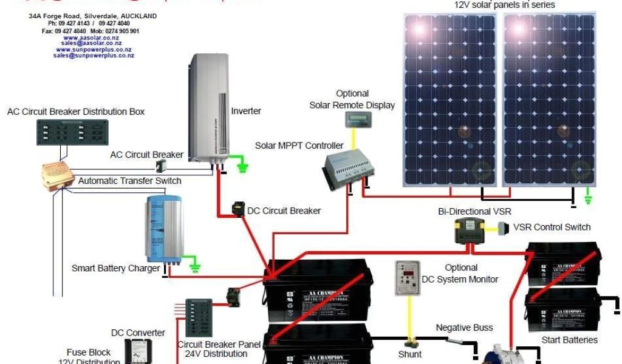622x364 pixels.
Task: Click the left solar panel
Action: (450, 99)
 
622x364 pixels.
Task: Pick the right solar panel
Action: (549, 99)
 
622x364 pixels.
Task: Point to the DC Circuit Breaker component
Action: (239, 210)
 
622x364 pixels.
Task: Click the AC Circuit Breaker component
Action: (161, 166)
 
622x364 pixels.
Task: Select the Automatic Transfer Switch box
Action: (58, 175)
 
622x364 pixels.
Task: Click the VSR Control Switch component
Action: (502, 228)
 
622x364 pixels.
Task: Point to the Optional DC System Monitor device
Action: (408, 278)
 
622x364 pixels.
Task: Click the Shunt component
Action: (411, 343)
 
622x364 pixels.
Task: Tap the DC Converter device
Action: (137, 351)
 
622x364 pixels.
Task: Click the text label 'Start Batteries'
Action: (569, 340)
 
